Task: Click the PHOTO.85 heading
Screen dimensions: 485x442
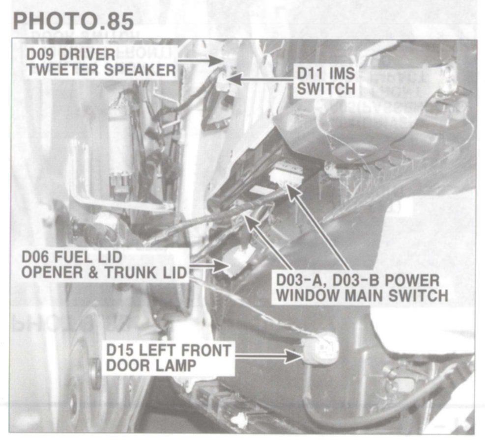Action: point(73,21)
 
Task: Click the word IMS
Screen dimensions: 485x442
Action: point(342,74)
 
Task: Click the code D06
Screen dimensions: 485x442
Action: point(35,257)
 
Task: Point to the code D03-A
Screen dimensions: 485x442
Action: point(298,281)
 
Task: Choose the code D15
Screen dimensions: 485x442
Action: point(120,351)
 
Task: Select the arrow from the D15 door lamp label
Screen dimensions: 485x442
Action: point(269,356)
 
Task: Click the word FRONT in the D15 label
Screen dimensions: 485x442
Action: point(205,351)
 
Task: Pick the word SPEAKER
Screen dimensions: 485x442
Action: point(140,70)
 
